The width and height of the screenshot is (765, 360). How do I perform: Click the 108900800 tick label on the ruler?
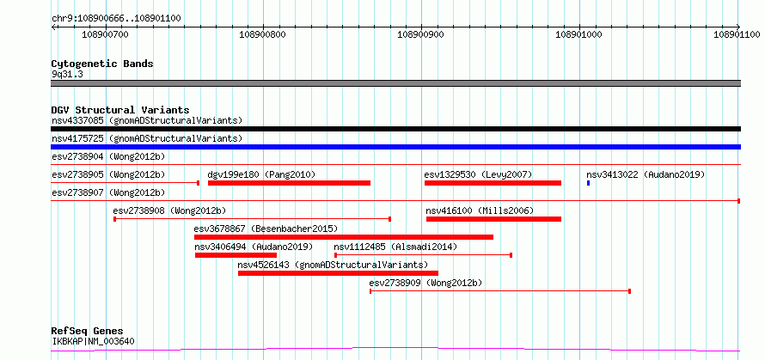pos(263,34)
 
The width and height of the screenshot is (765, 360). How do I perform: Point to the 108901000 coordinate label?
pos(578,34)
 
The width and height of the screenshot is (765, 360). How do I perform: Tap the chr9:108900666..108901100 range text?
pos(117,19)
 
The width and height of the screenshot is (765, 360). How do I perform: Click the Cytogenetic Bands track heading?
pos(102,64)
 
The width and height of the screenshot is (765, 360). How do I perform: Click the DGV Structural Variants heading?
pos(120,110)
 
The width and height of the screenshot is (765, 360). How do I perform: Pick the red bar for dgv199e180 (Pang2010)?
pos(290,183)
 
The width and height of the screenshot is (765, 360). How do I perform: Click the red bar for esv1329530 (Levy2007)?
pos(493,183)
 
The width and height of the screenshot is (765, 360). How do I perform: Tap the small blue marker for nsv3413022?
pos(589,183)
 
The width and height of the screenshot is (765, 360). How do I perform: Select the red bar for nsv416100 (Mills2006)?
pos(493,219)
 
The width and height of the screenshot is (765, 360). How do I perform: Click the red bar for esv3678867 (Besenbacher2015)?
pos(344,237)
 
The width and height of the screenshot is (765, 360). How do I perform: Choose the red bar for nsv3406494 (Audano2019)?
pos(236,255)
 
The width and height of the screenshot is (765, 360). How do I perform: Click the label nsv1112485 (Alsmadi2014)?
pos(395,247)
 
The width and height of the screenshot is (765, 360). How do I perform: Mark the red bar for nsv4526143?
pos(338,273)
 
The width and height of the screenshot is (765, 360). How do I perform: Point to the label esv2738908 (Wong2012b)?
pos(170,211)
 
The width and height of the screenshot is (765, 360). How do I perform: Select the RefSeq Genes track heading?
pos(88,332)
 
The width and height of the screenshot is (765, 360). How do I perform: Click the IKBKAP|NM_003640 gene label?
pos(93,341)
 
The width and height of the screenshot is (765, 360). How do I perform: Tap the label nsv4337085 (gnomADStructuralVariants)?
pos(147,120)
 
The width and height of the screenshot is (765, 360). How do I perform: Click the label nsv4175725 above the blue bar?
pos(77,138)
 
